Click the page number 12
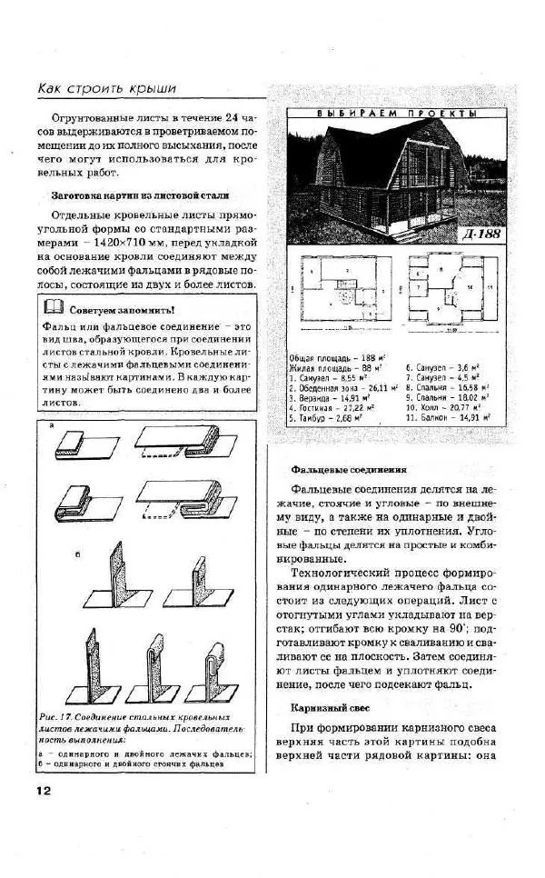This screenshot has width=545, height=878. pos(43,790)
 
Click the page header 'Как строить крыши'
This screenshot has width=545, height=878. pos(106,88)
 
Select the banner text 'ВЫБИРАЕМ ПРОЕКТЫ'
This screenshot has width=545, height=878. pos(396,115)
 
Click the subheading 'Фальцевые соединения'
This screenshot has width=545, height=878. pos(348,470)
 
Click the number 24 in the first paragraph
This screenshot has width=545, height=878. pos(233,119)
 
